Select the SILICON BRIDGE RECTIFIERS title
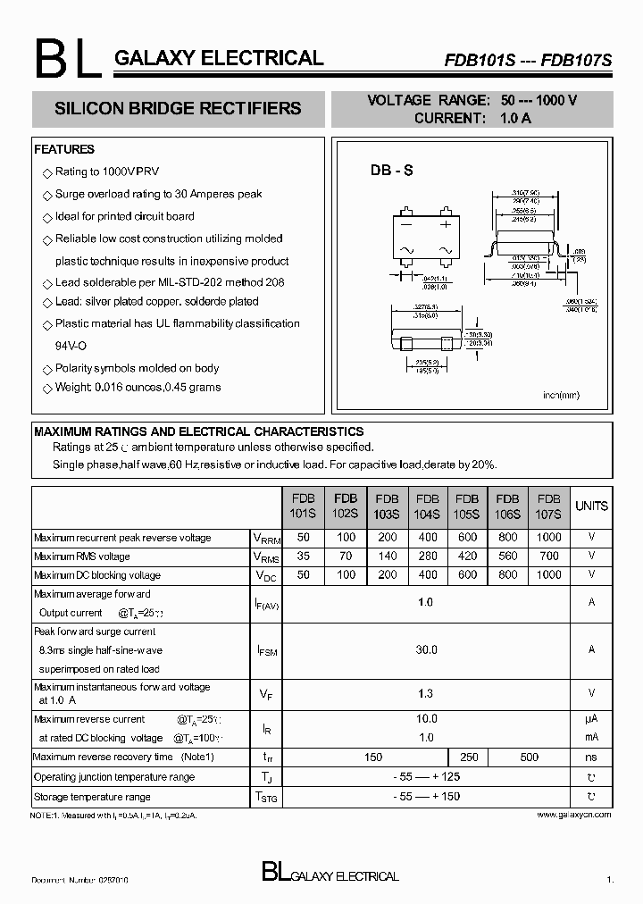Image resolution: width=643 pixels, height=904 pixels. click(x=178, y=109)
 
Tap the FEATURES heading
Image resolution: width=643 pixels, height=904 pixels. click(x=64, y=149)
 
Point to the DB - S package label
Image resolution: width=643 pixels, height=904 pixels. click(x=391, y=171)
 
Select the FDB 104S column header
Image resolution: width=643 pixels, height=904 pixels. click(x=427, y=506)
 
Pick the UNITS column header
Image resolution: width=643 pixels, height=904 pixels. click(x=591, y=506)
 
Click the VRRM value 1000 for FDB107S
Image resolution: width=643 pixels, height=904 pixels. click(x=549, y=538)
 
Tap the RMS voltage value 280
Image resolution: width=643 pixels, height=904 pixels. click(x=427, y=557)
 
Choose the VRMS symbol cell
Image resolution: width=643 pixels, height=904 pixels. click(x=266, y=557)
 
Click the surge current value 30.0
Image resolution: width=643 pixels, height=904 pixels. click(x=427, y=650)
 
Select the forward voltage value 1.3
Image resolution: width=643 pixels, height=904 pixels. click(x=427, y=692)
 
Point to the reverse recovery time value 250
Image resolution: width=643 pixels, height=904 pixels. click(x=469, y=758)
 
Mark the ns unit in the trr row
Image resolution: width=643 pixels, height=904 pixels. click(x=591, y=758)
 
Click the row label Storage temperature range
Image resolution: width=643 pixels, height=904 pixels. click(x=92, y=797)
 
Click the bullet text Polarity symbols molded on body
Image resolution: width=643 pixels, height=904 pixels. click(x=137, y=368)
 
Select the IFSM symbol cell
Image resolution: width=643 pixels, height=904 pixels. click(x=266, y=651)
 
